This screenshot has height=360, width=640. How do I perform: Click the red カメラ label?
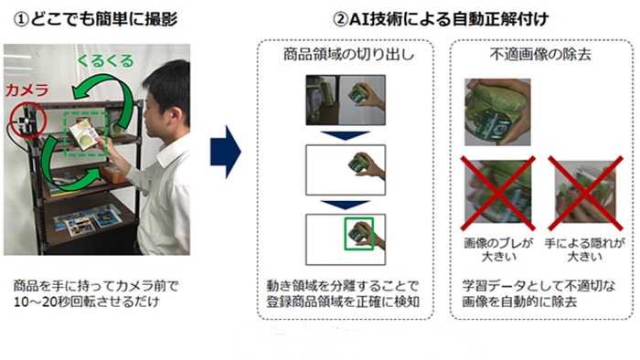tap(27, 90)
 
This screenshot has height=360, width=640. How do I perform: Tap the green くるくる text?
tap(105, 61)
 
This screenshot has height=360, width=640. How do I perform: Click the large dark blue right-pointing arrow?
tap(226, 152)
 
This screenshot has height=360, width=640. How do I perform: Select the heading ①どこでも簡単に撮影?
tap(95, 19)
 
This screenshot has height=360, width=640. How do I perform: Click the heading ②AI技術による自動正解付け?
tap(441, 19)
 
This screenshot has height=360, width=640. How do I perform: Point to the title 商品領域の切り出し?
tap(349, 54)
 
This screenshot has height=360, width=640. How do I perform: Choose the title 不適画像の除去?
tap(540, 54)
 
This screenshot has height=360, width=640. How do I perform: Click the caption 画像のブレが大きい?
tap(498, 250)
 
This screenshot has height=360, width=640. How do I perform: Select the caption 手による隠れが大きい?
tap(584, 250)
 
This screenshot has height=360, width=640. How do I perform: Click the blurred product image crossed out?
tap(497, 192)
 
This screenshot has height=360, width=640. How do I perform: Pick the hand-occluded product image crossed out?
tap(585, 192)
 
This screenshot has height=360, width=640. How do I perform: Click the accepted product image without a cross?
tap(497, 112)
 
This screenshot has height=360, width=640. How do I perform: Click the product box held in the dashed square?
tap(84, 133)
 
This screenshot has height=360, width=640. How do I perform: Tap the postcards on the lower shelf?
tap(87, 220)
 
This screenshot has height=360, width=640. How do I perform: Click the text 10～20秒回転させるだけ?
tap(87, 302)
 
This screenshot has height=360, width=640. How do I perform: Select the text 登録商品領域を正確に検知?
tap(343, 302)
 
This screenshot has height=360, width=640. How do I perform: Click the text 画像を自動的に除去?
tap(519, 302)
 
